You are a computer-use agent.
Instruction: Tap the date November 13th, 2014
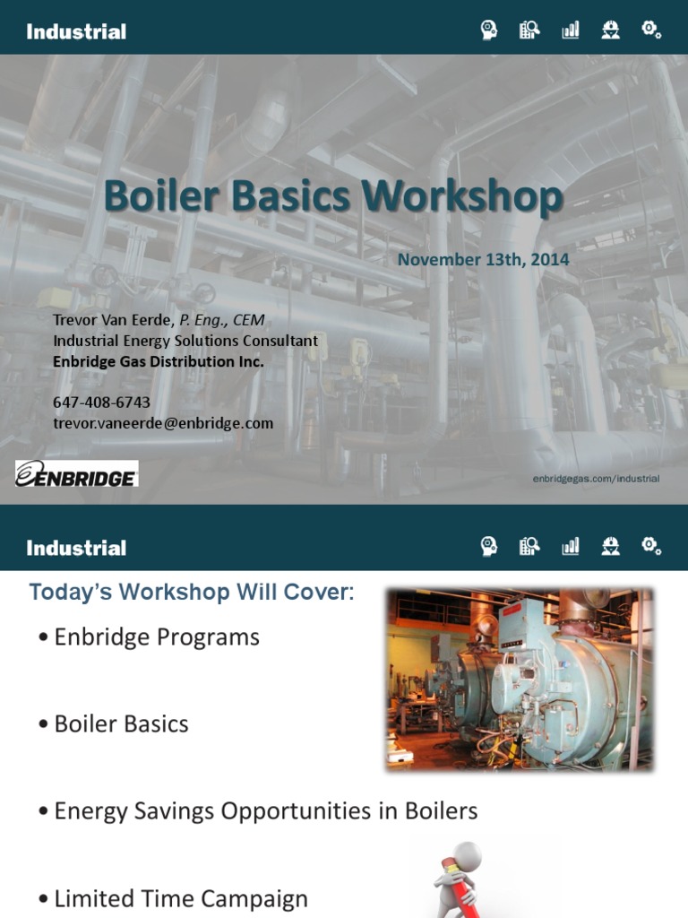pos(483,260)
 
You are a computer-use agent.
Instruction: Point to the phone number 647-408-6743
pos(101,403)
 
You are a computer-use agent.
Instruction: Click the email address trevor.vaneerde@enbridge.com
pos(163,423)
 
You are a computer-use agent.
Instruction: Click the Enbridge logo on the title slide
pos(76,474)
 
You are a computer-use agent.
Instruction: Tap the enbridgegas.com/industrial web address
pos(596,479)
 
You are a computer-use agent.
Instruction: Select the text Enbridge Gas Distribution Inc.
pos(159,361)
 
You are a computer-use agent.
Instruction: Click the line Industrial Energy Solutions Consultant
pos(185,341)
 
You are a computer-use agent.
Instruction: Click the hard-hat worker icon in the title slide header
pos(611,30)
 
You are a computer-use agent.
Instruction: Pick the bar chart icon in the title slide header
pos(570,30)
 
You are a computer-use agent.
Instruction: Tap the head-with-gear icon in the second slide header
pos(488,546)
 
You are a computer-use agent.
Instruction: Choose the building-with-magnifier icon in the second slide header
pos(529,546)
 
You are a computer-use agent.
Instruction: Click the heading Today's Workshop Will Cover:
pos(192,593)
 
